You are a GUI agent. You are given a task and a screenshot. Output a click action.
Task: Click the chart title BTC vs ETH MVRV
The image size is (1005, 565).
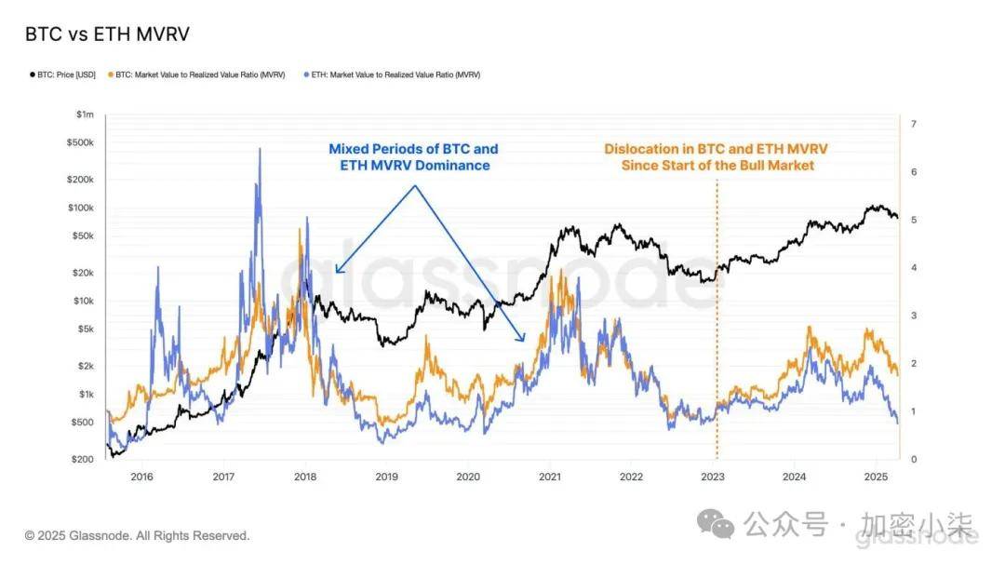(108, 34)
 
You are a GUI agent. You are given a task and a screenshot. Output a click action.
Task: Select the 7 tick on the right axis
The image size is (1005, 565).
(914, 124)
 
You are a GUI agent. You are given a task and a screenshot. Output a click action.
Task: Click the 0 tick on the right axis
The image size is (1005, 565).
(914, 460)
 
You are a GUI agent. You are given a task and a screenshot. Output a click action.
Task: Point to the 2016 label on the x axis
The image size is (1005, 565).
(141, 478)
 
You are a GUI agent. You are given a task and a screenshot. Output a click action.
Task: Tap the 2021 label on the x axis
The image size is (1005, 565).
(549, 478)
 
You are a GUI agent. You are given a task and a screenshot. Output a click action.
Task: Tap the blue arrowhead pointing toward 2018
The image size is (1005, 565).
(338, 271)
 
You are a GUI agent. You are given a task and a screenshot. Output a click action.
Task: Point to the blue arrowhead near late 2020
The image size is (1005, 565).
(522, 339)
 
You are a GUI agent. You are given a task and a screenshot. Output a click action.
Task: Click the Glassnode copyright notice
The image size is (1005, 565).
(138, 536)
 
